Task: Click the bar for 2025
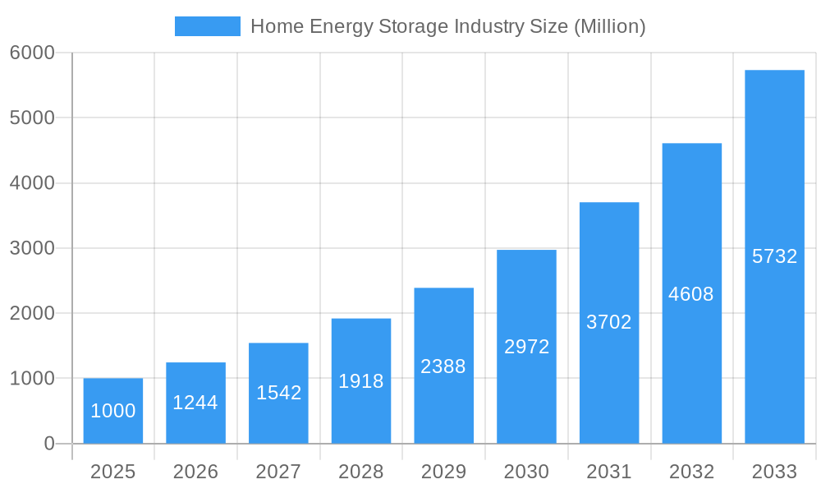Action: [113, 411]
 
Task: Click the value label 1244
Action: [195, 403]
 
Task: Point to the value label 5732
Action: [774, 256]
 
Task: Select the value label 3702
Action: [609, 322]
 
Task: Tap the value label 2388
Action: [443, 366]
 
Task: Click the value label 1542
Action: [278, 393]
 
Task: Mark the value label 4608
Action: [691, 294]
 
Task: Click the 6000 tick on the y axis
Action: [32, 53]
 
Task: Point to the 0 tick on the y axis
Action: [48, 444]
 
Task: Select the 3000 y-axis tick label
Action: [32, 248]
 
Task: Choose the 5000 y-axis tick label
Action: [32, 117]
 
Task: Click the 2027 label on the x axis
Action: [278, 472]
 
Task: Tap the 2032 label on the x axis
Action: [691, 472]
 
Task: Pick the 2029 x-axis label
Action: [443, 472]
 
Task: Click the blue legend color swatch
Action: [208, 26]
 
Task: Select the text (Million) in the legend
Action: [609, 26]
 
